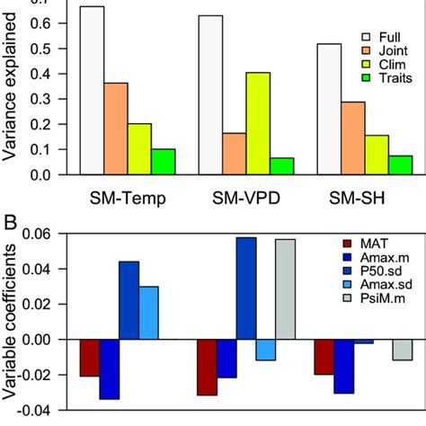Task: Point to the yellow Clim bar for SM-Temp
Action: [139, 148]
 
